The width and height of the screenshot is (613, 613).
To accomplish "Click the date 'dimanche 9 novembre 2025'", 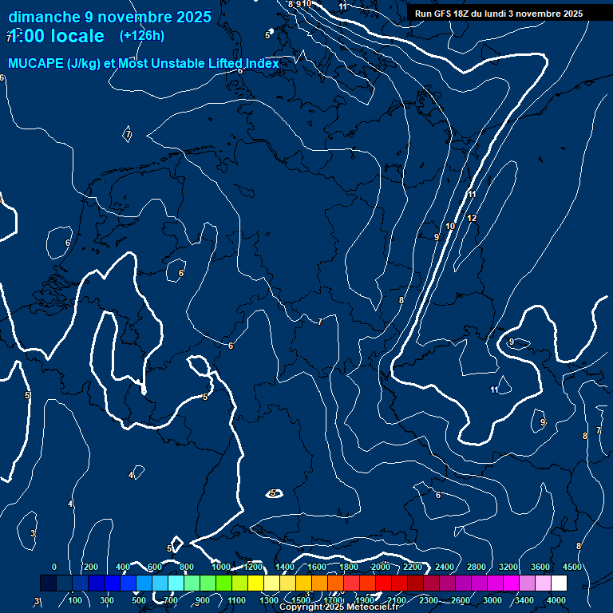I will tap(109, 17).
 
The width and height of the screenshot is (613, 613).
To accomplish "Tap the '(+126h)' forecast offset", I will tap(141, 35).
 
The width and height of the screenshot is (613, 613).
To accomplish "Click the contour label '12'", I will tap(472, 218).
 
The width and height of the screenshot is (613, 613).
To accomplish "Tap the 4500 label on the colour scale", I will tap(571, 567).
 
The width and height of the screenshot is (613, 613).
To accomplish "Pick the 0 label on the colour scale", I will tap(54, 567).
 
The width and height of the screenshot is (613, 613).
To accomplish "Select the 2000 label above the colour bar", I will tap(380, 567).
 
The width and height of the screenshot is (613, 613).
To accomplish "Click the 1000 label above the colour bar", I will tap(220, 567).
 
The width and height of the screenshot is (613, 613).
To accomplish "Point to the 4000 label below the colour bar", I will tap(556, 600).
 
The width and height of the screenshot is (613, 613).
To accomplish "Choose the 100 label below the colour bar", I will tap(75, 600).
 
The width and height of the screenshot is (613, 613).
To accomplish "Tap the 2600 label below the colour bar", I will tap(461, 600).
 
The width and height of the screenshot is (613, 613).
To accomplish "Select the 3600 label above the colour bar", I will tap(540, 567).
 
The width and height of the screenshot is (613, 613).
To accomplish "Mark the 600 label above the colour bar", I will tap(155, 567).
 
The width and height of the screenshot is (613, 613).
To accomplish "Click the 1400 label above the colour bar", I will tap(284, 567).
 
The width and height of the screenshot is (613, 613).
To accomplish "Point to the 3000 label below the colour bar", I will tap(492, 600).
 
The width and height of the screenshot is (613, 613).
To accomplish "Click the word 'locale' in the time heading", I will tap(77, 36).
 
